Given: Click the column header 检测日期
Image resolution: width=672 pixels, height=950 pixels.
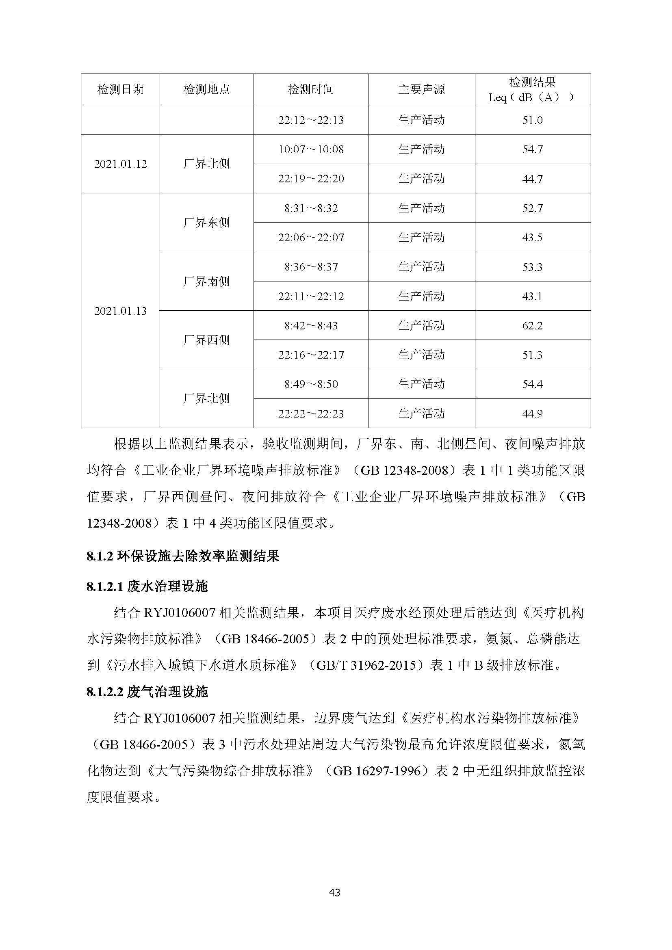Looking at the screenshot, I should (x=120, y=89).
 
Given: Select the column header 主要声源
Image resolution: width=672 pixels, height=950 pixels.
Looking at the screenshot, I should (x=421, y=89).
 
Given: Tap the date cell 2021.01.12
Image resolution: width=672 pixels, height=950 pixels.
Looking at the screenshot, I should (x=120, y=164).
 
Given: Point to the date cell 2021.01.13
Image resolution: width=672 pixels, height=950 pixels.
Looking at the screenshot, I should (x=120, y=311).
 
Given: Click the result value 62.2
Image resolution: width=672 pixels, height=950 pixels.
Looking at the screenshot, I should (x=532, y=326).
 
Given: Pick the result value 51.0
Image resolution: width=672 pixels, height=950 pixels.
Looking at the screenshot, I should (x=532, y=120).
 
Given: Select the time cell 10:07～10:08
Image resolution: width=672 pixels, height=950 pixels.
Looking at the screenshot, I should (x=311, y=149).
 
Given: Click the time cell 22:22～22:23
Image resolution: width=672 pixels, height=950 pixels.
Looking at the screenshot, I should (x=311, y=414).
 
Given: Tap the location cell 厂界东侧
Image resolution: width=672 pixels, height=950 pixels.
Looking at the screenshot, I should (x=206, y=223).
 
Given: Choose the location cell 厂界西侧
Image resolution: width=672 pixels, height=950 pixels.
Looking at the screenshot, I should (x=206, y=340).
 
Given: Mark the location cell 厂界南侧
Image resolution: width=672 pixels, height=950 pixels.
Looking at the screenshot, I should (x=206, y=281).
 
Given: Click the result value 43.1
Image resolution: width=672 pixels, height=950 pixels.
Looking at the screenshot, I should (x=532, y=296).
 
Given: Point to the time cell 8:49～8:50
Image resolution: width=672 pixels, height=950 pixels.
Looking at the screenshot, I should (x=311, y=384).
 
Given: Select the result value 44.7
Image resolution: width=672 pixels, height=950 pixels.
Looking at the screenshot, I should (x=532, y=179).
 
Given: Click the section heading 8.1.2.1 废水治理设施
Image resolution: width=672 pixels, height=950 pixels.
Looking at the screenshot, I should (x=147, y=586).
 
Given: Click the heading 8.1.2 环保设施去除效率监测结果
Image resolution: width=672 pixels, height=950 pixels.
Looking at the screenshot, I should (x=183, y=556).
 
